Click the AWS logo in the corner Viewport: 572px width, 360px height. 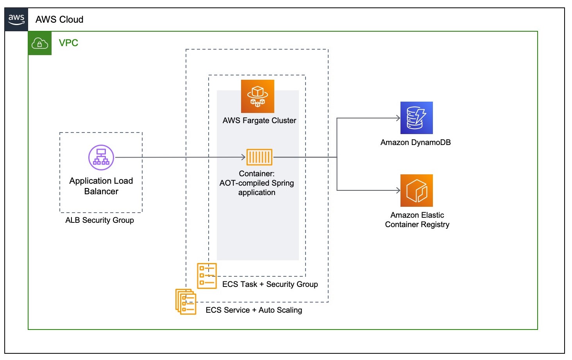point(16,19)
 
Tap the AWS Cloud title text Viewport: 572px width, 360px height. point(59,20)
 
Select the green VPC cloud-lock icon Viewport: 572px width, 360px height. point(40,43)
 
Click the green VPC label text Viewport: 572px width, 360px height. point(68,43)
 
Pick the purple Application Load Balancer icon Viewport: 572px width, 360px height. point(101,158)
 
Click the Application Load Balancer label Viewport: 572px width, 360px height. point(101,186)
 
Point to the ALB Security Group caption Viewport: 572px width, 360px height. point(100,220)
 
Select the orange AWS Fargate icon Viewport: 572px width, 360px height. point(257,96)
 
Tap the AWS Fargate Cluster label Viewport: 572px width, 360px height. point(259,120)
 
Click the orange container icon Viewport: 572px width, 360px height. point(259,157)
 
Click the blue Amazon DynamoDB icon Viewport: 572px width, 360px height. point(416,118)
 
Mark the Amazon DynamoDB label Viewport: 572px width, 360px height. point(416,142)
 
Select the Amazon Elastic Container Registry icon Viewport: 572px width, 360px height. point(416,190)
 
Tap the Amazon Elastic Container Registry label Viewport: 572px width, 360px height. point(417,220)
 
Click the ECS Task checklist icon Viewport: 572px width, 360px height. point(207,276)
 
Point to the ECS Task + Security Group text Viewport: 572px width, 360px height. point(270,284)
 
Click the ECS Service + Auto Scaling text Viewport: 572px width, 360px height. point(254,310)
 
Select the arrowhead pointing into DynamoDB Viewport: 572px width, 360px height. point(398,118)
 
